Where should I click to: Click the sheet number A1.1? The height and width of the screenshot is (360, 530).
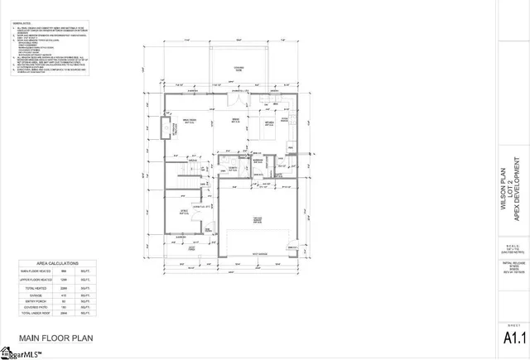pyautogui.click(x=513, y=338)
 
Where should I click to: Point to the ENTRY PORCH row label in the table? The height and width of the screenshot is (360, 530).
pyautogui.click(x=38, y=300)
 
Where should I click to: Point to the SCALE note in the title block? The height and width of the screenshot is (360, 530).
pyautogui.click(x=513, y=248)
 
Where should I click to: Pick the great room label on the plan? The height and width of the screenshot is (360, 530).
pyautogui.click(x=189, y=122)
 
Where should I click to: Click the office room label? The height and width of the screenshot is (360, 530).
pyautogui.click(x=187, y=210)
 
